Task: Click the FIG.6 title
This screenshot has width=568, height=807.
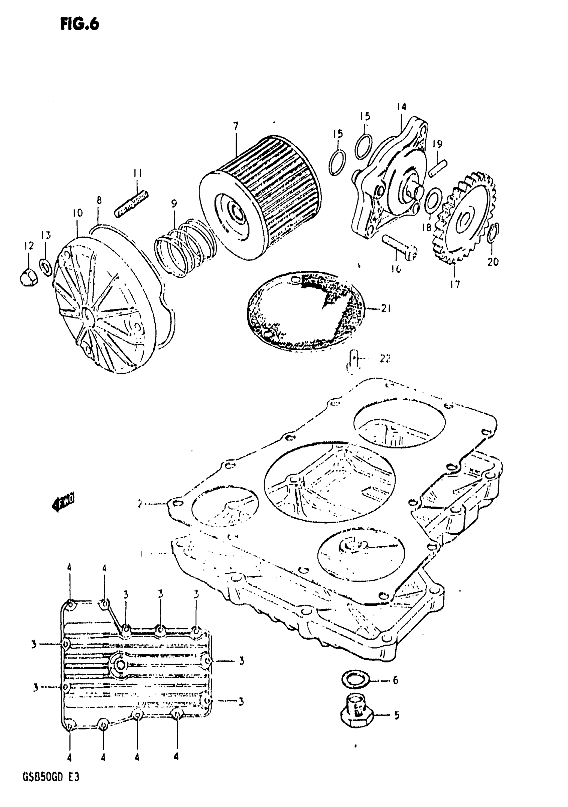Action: click(x=80, y=24)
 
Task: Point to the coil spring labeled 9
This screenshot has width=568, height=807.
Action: click(x=184, y=246)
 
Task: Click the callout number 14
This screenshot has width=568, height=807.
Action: click(x=401, y=107)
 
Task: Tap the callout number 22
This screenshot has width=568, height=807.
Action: click(x=385, y=359)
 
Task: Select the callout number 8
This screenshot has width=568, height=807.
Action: click(x=99, y=200)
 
